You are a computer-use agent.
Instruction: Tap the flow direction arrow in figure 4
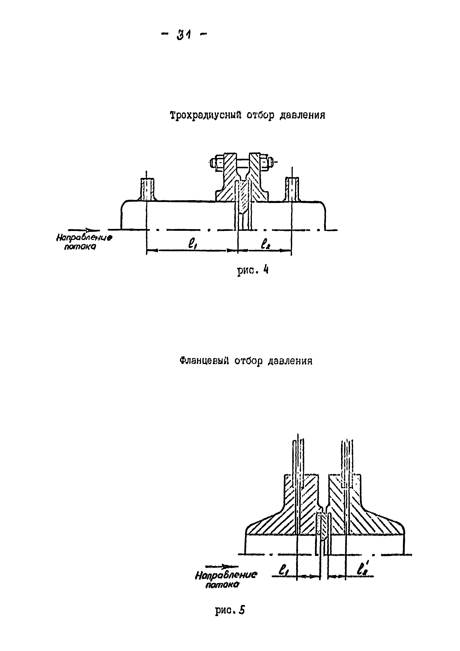click(84, 230)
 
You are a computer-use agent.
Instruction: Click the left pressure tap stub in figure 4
click(147, 189)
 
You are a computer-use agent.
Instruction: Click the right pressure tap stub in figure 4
click(292, 189)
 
